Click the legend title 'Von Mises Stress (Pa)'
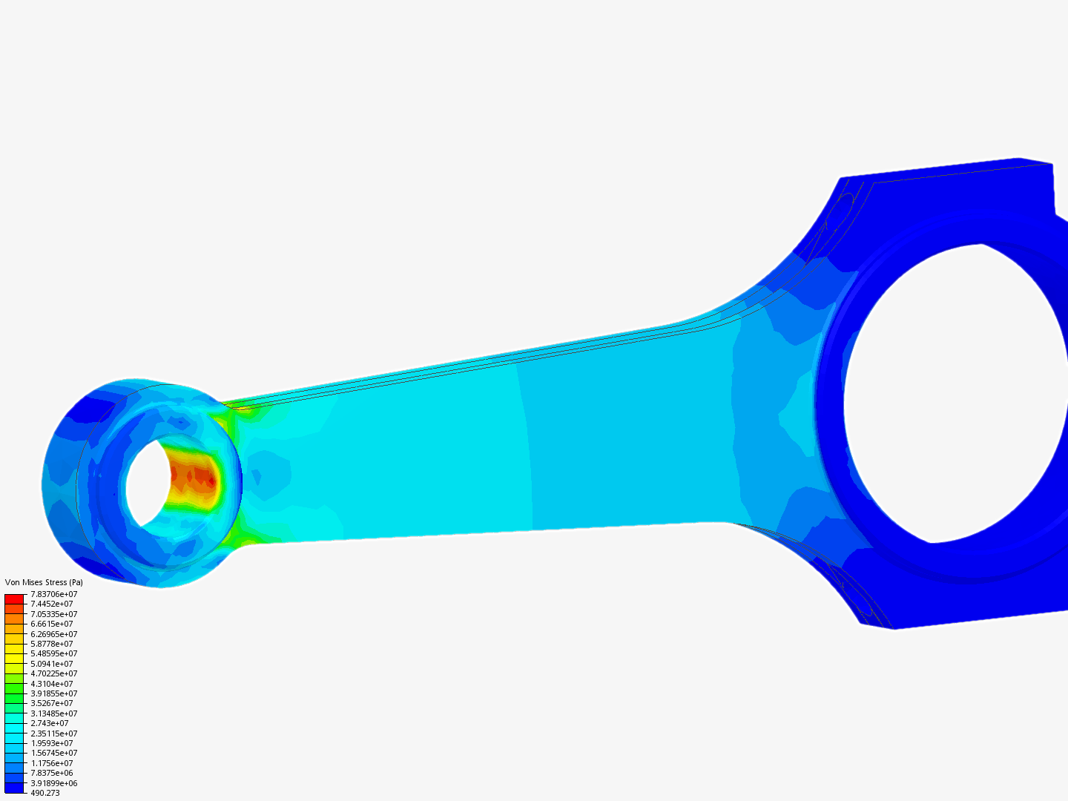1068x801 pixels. point(44,582)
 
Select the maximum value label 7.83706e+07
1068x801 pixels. point(53,594)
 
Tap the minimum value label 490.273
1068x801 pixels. point(44,793)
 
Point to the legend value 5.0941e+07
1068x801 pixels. point(51,664)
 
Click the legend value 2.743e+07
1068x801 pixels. point(49,723)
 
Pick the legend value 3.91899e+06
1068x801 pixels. point(53,783)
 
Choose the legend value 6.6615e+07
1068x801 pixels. point(51,624)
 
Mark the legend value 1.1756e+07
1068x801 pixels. point(51,763)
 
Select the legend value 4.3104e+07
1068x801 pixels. point(51,684)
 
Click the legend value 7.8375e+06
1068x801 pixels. point(51,773)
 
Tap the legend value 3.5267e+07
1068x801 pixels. point(51,703)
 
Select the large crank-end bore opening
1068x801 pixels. point(957,393)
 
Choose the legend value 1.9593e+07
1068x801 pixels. point(51,743)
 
